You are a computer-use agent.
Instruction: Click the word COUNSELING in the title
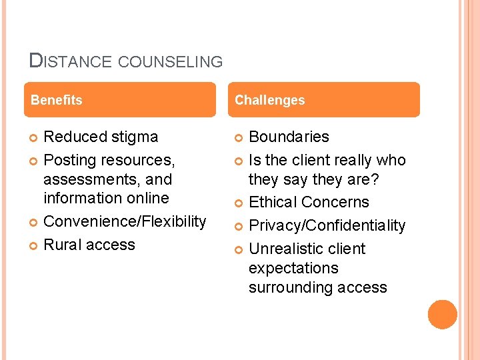tap(170, 62)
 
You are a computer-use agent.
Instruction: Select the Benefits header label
tap(57, 100)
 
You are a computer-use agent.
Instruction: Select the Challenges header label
tap(269, 100)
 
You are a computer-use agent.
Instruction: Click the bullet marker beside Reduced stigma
tap(35, 137)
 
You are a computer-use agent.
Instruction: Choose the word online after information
tap(151, 198)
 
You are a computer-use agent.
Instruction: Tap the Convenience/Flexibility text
tap(125, 221)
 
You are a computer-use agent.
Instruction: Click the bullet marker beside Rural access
tap(35, 245)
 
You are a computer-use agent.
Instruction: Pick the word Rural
tap(61, 245)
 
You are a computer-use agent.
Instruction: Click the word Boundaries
tap(289, 137)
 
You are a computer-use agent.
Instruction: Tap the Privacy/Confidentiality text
tap(327, 225)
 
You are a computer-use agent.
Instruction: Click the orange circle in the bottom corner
tap(443, 314)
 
